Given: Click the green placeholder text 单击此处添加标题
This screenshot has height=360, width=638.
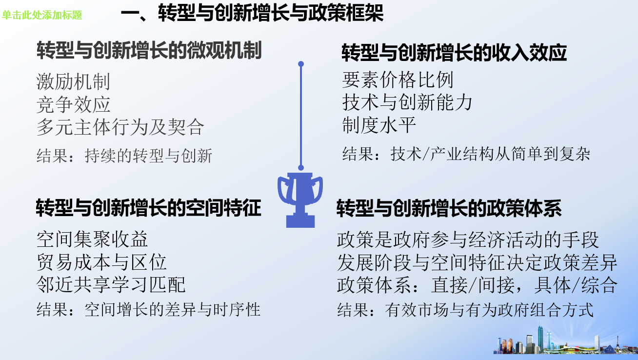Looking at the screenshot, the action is pyautogui.click(x=42, y=15).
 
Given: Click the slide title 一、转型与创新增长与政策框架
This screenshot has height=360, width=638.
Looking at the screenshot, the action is pyautogui.click(x=252, y=13).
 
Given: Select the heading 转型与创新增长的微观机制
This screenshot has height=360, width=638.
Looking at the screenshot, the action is pyautogui.click(x=149, y=50).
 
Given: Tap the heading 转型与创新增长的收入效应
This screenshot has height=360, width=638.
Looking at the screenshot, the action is pyautogui.click(x=454, y=53).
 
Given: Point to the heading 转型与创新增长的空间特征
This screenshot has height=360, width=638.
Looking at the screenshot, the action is pyautogui.click(x=148, y=208).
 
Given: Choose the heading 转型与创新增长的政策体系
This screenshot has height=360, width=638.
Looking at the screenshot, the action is pyautogui.click(x=449, y=208).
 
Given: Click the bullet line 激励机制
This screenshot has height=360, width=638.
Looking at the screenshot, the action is pyautogui.click(x=73, y=82).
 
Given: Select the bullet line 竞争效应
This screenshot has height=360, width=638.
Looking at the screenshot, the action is pyautogui.click(x=73, y=104).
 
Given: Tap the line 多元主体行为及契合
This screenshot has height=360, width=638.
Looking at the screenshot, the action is pyautogui.click(x=120, y=127).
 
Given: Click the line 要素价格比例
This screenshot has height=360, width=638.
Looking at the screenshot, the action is pyautogui.click(x=398, y=80).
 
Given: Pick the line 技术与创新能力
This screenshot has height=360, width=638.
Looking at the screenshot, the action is pyautogui.click(x=407, y=102).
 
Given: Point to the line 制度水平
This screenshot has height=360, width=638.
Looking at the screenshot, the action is pyautogui.click(x=379, y=125).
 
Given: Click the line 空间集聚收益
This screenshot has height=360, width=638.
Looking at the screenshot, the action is pyautogui.click(x=92, y=239).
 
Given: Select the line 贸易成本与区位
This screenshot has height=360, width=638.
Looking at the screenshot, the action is pyautogui.click(x=101, y=262).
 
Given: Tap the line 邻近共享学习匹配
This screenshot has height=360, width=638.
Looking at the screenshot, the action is pyautogui.click(x=111, y=285).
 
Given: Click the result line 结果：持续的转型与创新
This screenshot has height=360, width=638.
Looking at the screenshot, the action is pyautogui.click(x=124, y=156).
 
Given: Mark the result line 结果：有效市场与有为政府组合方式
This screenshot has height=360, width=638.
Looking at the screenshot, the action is pyautogui.click(x=465, y=310).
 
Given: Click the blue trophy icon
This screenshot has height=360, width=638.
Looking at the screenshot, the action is pyautogui.click(x=300, y=200).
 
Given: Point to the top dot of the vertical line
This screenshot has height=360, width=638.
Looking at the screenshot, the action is pyautogui.click(x=301, y=64).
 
